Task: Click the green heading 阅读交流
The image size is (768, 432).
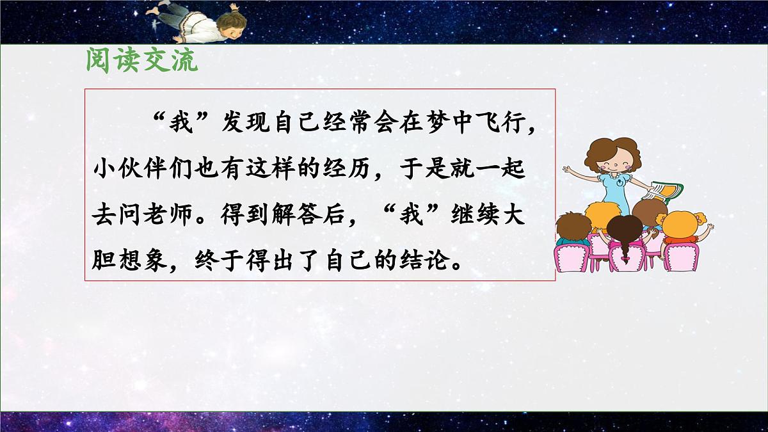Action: [x=141, y=62]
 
